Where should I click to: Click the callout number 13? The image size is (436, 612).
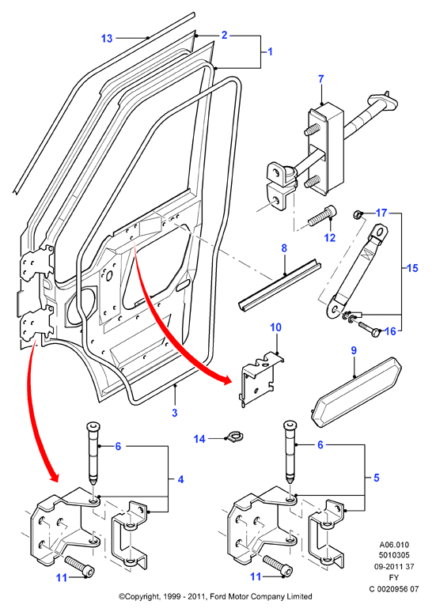click(107, 38)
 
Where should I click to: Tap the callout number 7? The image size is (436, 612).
click(320, 79)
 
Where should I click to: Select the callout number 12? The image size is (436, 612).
click(330, 237)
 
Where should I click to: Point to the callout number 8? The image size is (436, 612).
click(284, 247)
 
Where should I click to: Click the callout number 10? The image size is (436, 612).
click(276, 327)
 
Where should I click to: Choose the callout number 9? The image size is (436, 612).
click(354, 350)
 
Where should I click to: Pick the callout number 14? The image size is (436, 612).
click(199, 439)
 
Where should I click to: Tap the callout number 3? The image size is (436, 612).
click(175, 413)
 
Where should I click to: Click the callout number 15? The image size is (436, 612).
click(412, 268)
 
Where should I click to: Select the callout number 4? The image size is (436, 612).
click(180, 479)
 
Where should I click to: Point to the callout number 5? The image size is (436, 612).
click(376, 478)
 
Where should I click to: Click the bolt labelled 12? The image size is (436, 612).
click(322, 216)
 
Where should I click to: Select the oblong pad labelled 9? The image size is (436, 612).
click(357, 391)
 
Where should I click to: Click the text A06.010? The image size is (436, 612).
click(394, 545)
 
